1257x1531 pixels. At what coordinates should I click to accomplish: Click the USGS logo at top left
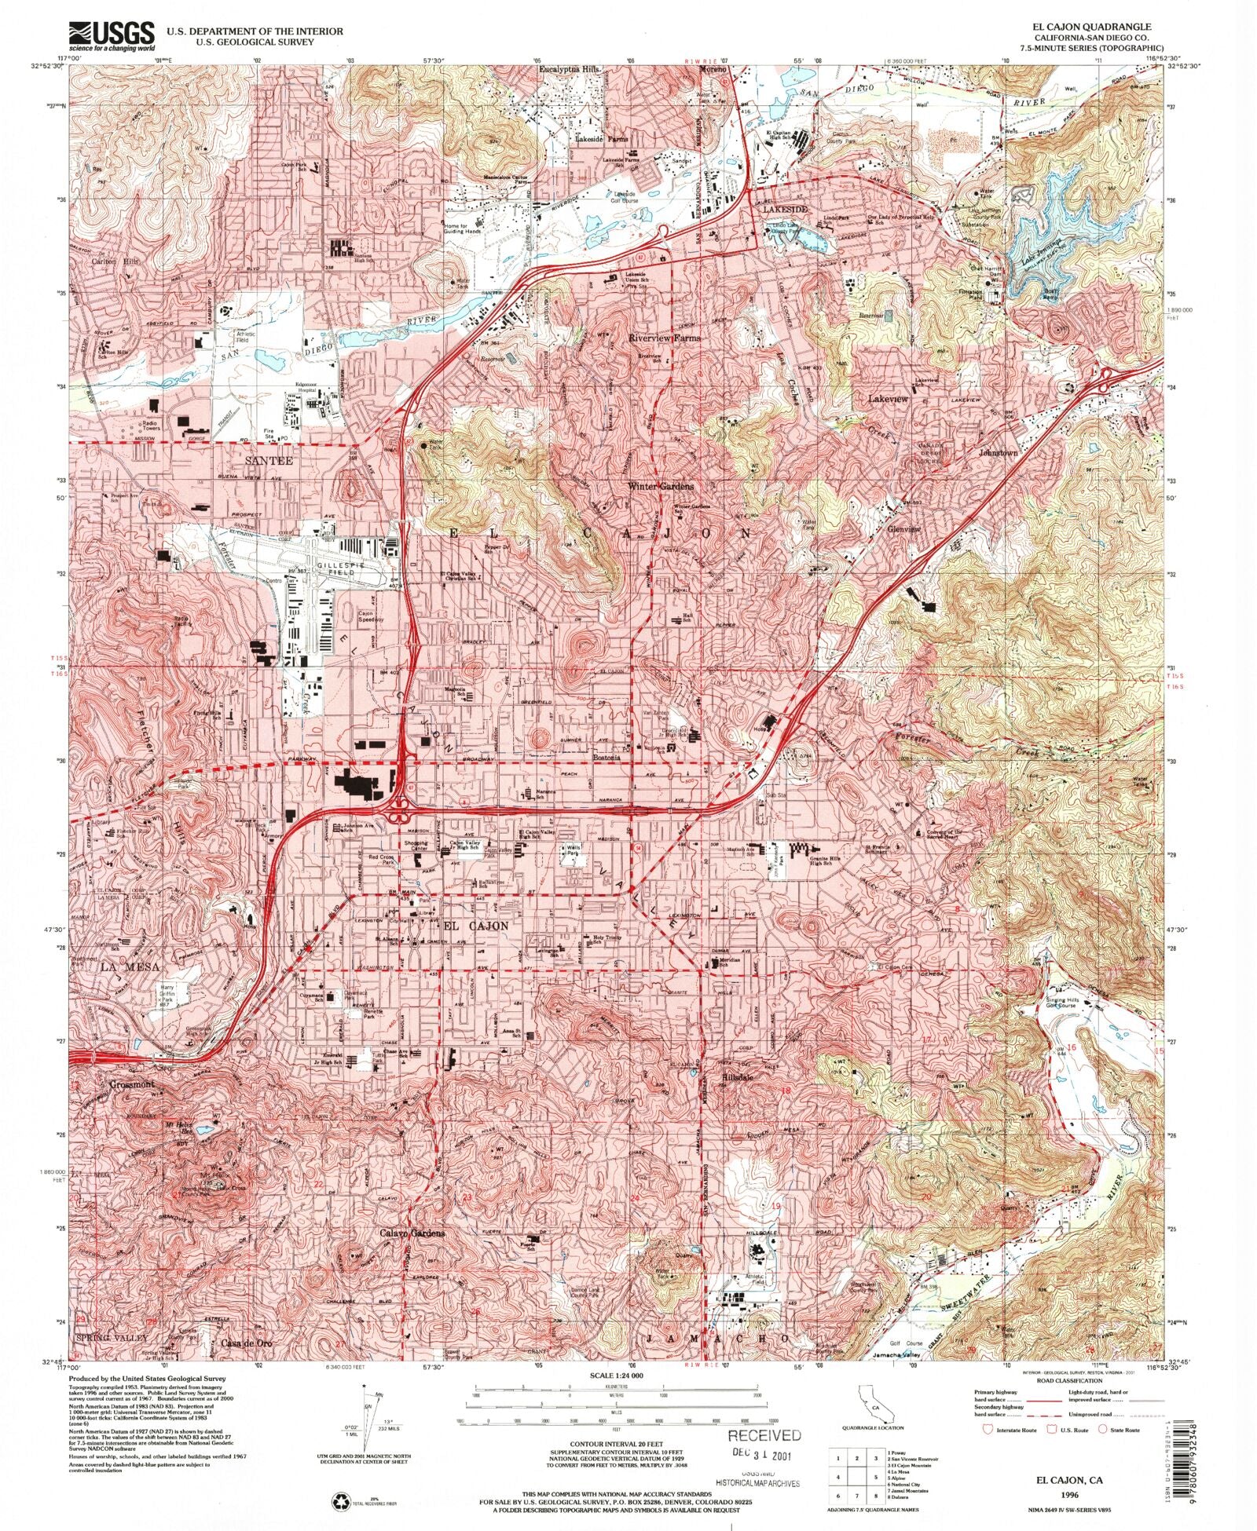point(112,35)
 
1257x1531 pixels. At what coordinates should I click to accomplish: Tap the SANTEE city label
point(268,460)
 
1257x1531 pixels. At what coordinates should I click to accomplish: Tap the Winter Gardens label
point(660,486)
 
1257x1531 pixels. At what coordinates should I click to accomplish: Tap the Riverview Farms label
point(664,338)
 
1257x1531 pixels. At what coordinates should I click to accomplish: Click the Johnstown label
point(998,453)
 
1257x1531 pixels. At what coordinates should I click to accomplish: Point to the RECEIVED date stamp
point(764,1436)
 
